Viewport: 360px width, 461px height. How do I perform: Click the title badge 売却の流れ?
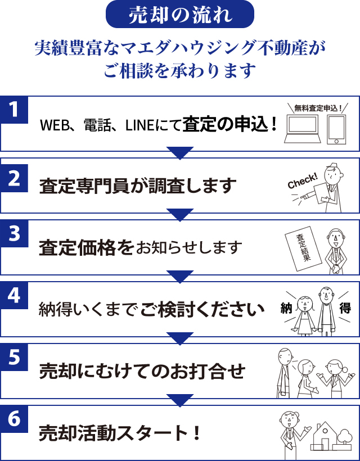pos(180,15)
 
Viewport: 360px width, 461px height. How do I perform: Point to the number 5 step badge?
pos(15,357)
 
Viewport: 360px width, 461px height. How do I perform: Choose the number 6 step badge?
pos(15,419)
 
